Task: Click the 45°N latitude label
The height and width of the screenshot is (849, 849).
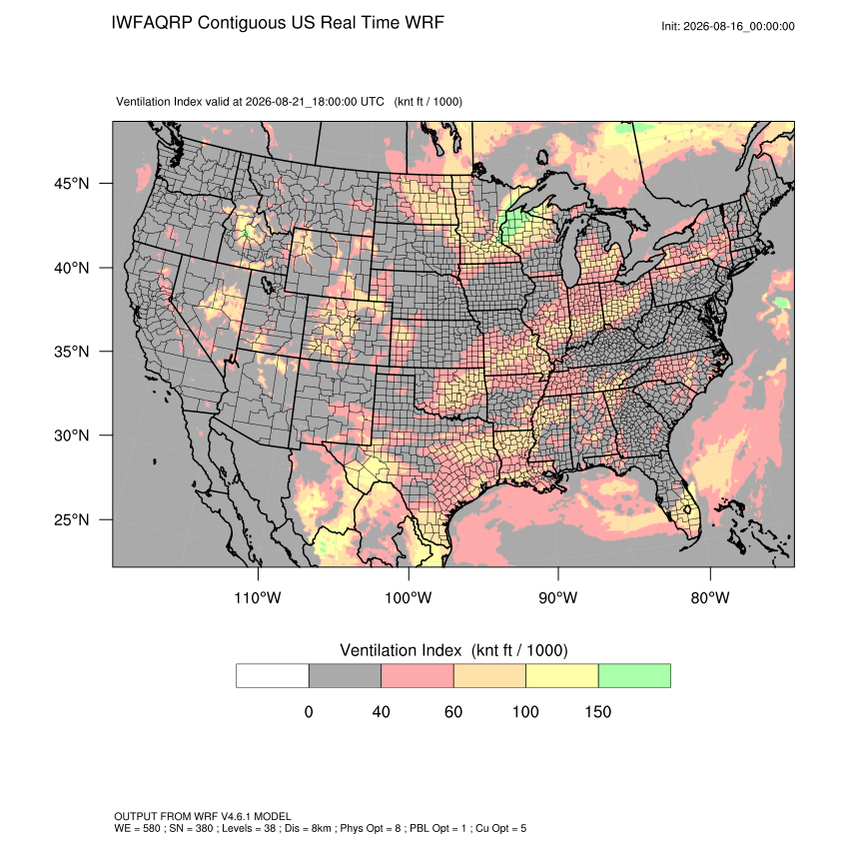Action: click(72, 184)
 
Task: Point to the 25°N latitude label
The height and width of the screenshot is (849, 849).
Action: click(72, 519)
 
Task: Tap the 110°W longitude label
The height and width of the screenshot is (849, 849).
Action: click(258, 597)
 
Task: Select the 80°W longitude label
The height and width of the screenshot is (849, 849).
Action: click(710, 597)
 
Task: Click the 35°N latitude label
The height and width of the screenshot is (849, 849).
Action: click(72, 352)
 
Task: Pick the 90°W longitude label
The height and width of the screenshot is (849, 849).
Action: click(558, 597)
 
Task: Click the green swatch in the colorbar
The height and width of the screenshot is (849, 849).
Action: click(634, 676)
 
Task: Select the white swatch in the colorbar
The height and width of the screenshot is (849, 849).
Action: click(273, 676)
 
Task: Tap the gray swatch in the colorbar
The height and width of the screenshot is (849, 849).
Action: click(345, 676)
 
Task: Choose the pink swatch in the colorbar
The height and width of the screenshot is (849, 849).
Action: click(418, 676)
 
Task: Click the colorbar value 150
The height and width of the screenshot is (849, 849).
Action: click(597, 711)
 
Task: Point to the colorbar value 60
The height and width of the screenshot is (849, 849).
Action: click(453, 711)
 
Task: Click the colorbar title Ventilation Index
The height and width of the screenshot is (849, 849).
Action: click(401, 650)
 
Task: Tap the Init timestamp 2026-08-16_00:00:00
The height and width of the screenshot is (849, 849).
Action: click(739, 26)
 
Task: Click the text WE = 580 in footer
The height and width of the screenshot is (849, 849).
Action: click(138, 828)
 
